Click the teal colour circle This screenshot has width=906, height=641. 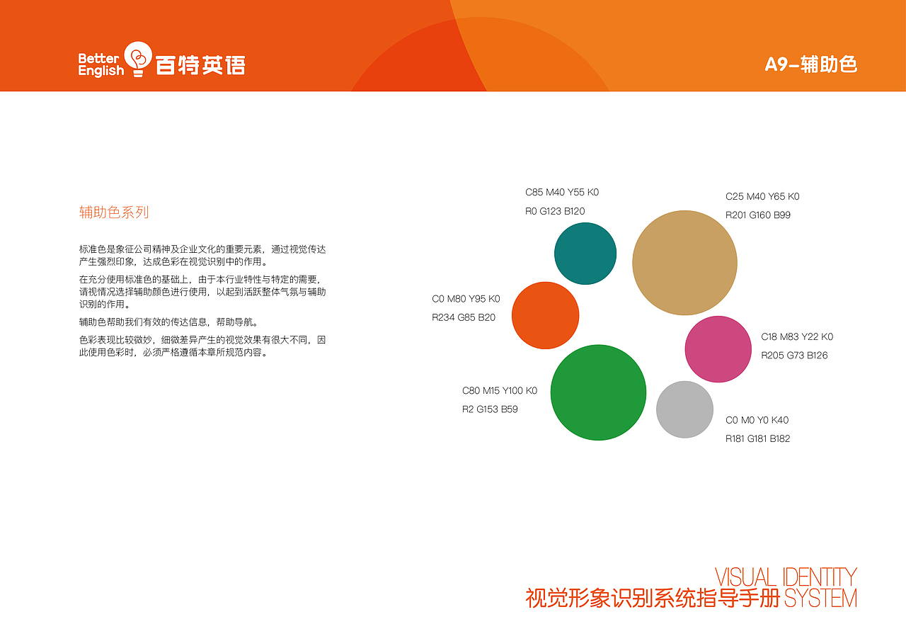585,254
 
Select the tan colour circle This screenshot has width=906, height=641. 684,263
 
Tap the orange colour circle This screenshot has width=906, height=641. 545,315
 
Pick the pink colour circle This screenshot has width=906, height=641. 718,349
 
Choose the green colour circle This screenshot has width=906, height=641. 598,392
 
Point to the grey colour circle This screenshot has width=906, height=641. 684,409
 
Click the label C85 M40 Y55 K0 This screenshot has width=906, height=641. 562,193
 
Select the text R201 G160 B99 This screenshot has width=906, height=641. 757,215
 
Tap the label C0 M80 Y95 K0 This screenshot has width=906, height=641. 466,299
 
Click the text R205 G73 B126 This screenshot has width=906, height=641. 794,356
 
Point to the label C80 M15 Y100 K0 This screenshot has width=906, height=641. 500,391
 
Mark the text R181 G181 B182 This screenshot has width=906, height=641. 757,439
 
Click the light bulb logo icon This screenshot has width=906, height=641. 138,59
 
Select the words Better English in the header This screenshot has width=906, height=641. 101,64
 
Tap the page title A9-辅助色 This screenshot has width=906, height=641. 811,64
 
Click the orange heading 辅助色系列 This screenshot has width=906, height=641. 114,212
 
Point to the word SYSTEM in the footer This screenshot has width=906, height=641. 820,599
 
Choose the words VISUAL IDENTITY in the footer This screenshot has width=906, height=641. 786,577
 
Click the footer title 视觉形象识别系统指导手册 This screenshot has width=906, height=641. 653,599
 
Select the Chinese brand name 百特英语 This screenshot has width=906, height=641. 200,66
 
